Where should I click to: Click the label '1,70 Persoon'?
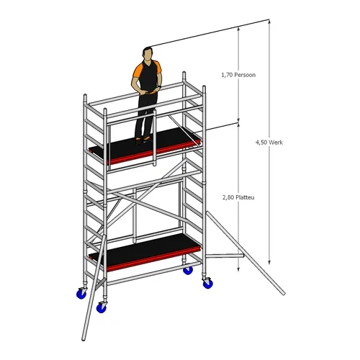pos(238,74)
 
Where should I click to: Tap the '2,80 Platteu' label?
pos(238,195)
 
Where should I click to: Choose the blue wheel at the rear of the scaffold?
pos(188,270)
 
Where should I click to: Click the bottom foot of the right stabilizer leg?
pos(283,292)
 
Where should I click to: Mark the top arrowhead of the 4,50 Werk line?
pos(269,24)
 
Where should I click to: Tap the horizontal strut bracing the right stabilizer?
pos(225,253)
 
